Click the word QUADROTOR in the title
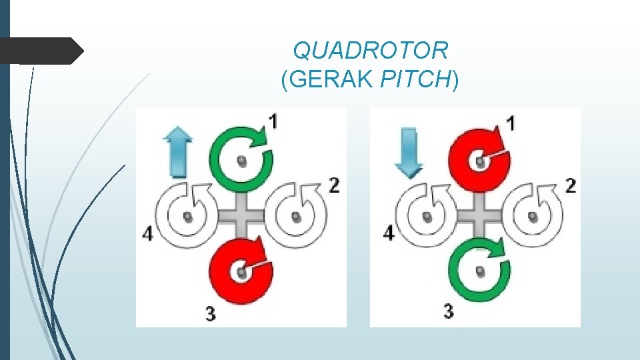371,50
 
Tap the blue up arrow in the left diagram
177,153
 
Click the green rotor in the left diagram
241,159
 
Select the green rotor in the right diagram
479,269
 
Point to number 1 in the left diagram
273,121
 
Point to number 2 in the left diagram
334,185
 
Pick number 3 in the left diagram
211,313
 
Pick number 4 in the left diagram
148,234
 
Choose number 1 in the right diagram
510,123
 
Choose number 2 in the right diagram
570,185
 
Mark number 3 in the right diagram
448,311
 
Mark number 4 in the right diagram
388,233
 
